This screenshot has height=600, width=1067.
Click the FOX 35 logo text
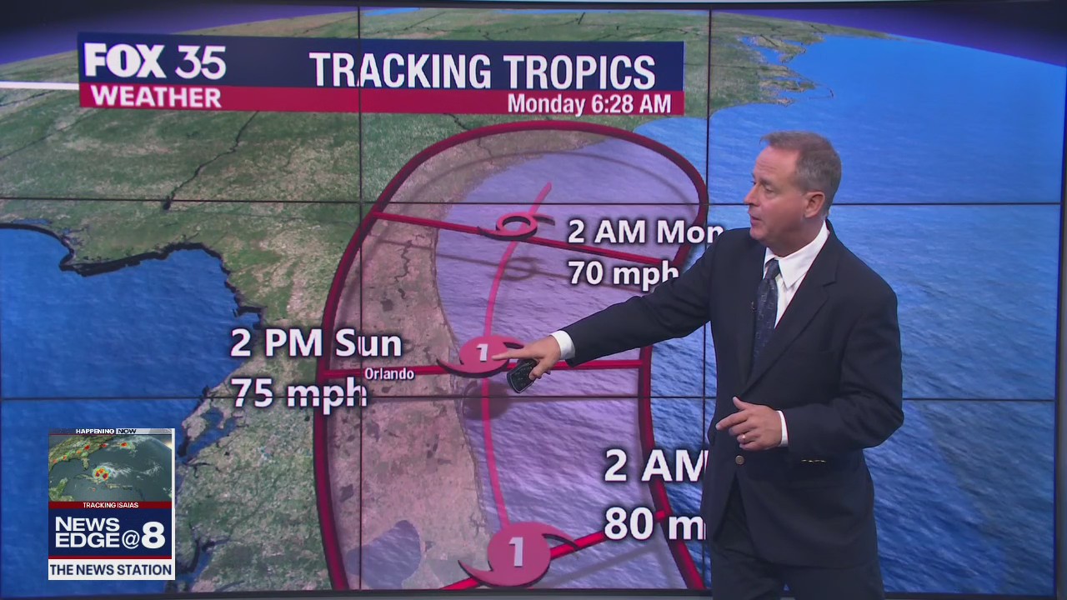[154, 62]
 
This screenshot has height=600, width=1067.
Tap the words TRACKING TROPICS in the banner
[482, 71]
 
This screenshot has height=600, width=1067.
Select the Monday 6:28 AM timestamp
[589, 104]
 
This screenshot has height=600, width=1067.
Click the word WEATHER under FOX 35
[156, 97]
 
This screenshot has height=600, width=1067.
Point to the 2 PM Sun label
[316, 343]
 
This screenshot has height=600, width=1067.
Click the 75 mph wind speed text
[298, 392]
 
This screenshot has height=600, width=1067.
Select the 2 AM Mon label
[642, 232]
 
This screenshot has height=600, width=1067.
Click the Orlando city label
[388, 374]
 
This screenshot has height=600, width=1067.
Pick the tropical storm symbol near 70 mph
[517, 225]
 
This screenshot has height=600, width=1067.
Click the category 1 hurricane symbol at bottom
[517, 552]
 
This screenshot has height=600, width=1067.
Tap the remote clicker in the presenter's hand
[523, 375]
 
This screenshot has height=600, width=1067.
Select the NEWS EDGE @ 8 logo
[110, 533]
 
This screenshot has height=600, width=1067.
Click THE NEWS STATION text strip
[111, 570]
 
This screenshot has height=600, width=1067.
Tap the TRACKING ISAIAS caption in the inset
[110, 505]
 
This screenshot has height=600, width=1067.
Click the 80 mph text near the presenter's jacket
[654, 523]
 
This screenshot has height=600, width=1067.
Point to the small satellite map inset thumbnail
[110, 467]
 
